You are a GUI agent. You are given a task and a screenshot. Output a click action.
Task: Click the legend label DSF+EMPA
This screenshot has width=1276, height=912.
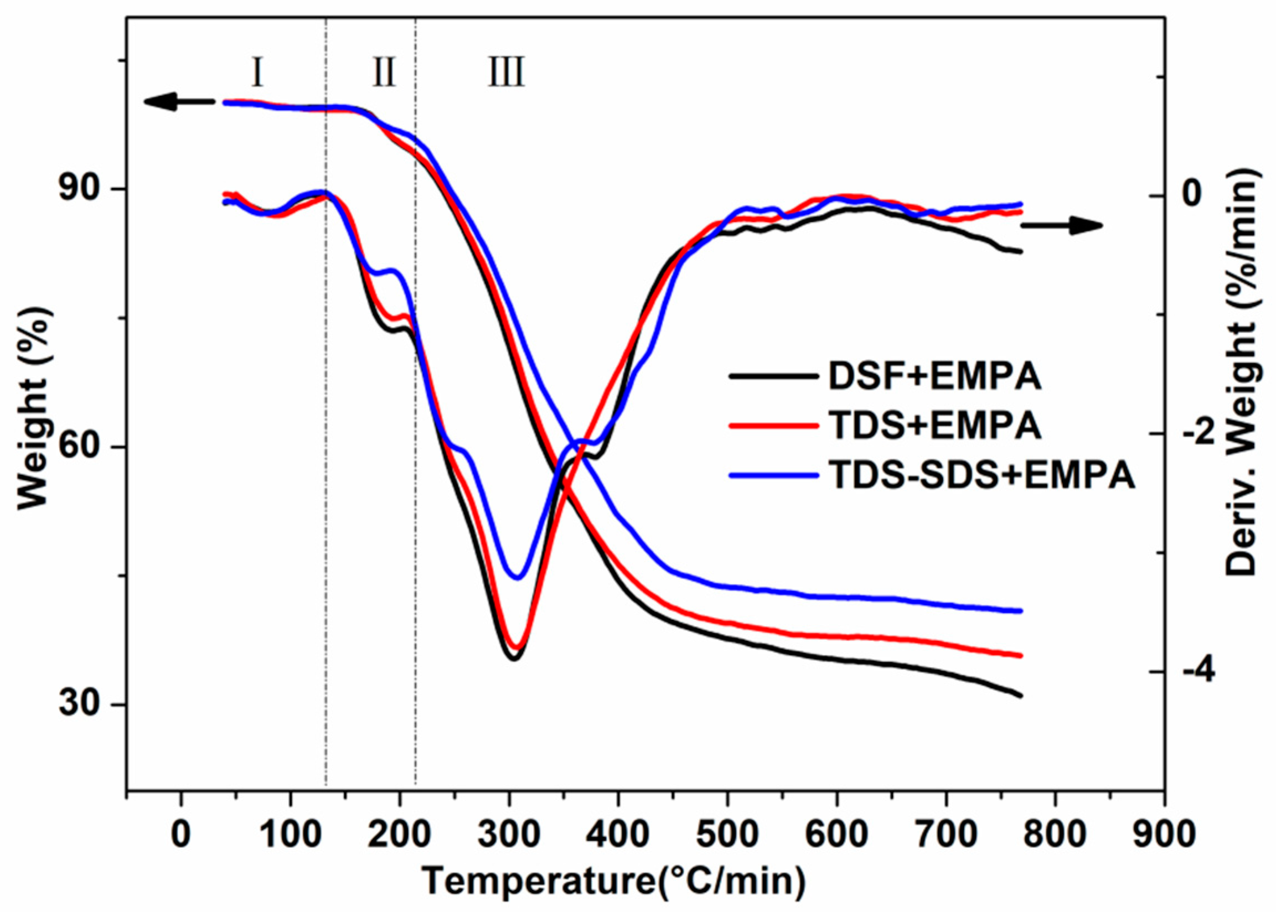pyautogui.click(x=935, y=377)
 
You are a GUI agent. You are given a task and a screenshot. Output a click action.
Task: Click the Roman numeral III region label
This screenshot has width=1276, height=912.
pyautogui.click(x=506, y=73)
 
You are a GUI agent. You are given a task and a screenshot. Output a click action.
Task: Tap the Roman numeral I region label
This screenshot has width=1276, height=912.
pyautogui.click(x=257, y=73)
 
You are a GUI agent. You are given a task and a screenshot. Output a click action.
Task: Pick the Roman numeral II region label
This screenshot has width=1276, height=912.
pyautogui.click(x=384, y=73)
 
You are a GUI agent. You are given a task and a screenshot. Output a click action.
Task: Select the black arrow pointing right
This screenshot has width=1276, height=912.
pyautogui.click(x=1061, y=226)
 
